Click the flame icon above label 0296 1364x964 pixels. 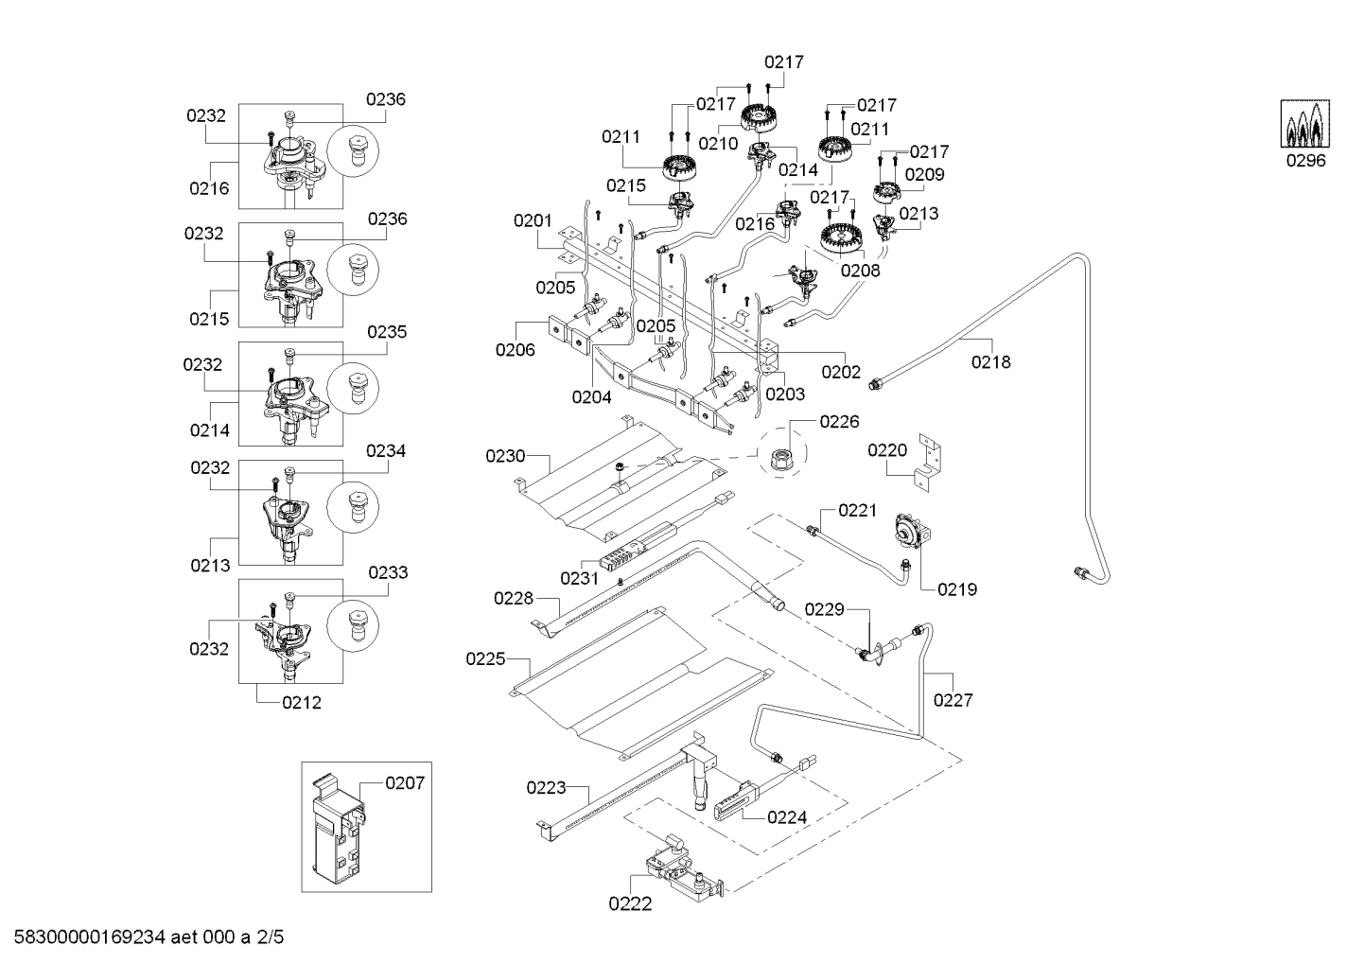pos(1305,124)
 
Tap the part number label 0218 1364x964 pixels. pos(990,362)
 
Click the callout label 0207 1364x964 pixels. pos(405,782)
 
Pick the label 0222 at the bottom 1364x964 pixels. pos(630,903)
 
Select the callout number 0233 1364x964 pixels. pos(388,572)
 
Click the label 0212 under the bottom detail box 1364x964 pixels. pos(302,703)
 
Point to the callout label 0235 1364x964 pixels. pos(387,332)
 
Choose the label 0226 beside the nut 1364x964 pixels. pos(839,421)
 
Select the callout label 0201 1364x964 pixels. pos(533,220)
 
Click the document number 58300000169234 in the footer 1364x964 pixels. pos(90,938)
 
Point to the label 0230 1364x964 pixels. pos(505,455)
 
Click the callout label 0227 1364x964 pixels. pos(953,700)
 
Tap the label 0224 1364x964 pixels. pos(787,817)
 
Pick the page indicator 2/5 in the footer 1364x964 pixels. pos(270,938)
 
